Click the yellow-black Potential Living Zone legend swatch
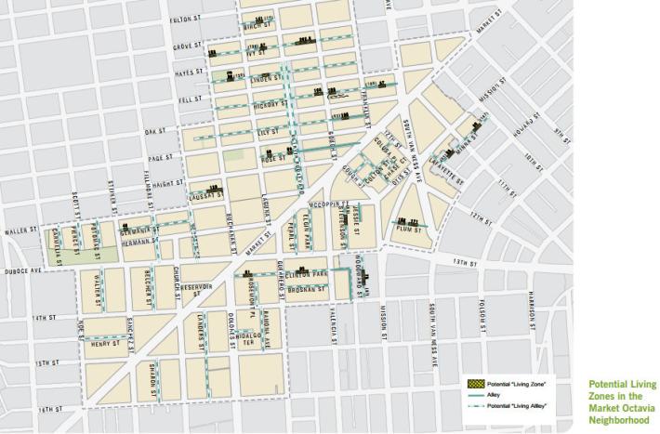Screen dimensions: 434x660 pos(476,383)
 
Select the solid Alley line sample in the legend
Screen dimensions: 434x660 pos(476,393)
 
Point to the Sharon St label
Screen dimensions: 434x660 pos(152,378)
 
